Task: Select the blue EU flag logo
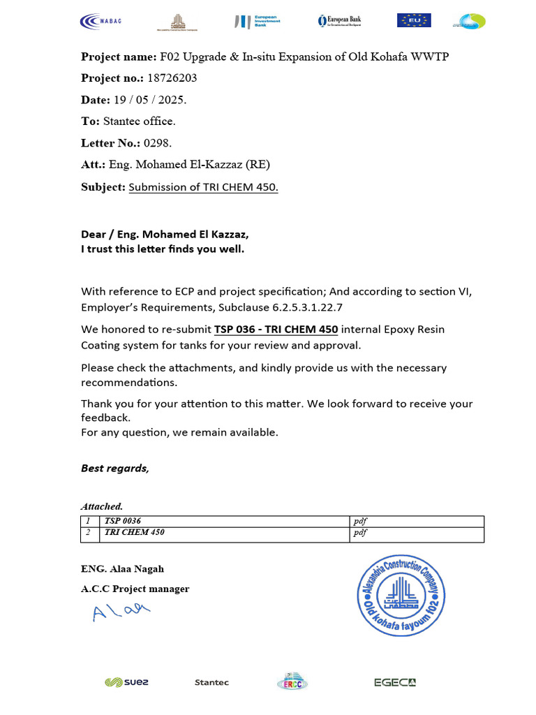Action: tap(414, 20)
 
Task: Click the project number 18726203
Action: tap(172, 78)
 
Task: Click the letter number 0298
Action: tap(157, 143)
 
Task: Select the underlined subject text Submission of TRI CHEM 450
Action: tap(203, 187)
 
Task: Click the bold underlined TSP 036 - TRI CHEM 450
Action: tap(276, 329)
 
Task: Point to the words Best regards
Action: tap(115, 468)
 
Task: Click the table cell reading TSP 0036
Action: tap(122, 521)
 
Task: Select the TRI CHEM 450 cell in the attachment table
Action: tap(134, 533)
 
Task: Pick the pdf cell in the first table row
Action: tap(360, 521)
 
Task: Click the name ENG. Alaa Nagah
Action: tap(122, 569)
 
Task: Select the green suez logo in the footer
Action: tap(126, 682)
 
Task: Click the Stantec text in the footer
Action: tap(211, 682)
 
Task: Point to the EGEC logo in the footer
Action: tap(394, 682)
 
